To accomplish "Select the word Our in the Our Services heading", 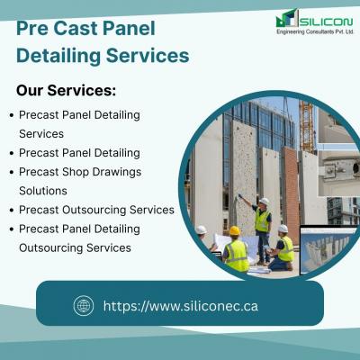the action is click(x=30, y=90).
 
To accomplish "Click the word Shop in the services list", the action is click(x=76, y=173).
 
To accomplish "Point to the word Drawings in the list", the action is click(x=117, y=173).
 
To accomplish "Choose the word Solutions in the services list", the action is click(x=43, y=191).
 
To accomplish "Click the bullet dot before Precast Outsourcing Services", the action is click(x=12, y=211).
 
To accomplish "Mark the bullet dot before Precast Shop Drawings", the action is click(x=12, y=173).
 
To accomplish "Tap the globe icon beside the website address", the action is click(x=84, y=306).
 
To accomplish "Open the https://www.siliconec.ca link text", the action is click(x=181, y=306).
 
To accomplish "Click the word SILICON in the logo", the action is click(x=327, y=22).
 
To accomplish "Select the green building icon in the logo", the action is click(x=287, y=18).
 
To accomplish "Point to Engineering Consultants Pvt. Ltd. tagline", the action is click(x=315, y=31).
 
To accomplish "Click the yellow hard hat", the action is click(x=235, y=230).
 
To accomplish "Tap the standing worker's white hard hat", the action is click(x=265, y=202).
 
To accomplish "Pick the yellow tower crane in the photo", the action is click(x=307, y=126).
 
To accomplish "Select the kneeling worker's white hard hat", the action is click(x=283, y=229).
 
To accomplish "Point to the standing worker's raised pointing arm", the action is click(x=247, y=201).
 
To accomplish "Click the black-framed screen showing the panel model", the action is click(x=327, y=249).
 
